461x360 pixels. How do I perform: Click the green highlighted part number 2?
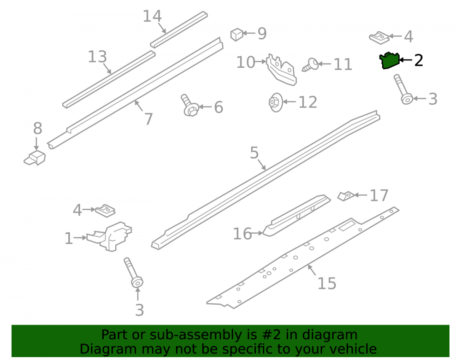pos(389,60)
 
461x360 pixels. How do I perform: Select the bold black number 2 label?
pos(419,60)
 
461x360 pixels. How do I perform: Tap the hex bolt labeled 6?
pos(189,106)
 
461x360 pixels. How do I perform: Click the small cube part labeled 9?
pos(236,35)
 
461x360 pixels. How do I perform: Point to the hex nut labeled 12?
pos(276,102)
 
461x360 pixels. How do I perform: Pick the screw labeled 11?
pos(310,65)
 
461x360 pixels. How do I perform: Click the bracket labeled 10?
pos(281,70)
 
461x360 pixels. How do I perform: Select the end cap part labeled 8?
pos(35,158)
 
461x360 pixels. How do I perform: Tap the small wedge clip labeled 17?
pos(346,196)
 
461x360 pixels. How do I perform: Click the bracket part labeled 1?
pos(110,236)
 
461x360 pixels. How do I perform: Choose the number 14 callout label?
pos(152,16)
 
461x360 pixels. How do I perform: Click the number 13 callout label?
pos(97,57)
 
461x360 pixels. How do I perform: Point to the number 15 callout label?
pos(327,283)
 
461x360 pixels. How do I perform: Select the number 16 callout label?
pos(242,234)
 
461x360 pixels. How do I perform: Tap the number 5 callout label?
pos(254,153)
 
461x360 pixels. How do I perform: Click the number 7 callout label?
pos(148,119)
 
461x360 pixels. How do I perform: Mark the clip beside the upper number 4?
pos(379,38)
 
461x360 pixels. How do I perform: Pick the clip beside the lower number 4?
pos(105,211)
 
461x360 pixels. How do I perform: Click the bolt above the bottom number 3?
pos(133,272)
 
